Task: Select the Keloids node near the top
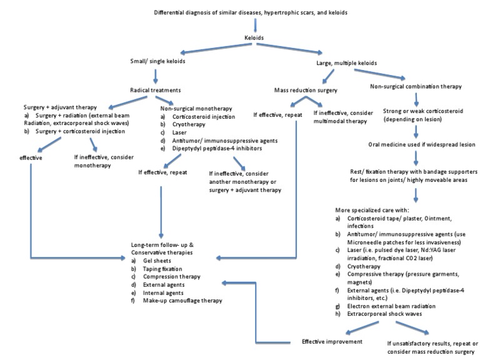click(x=256, y=37)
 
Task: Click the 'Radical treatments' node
click(x=154, y=89)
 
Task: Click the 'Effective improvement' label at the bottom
click(x=333, y=341)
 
